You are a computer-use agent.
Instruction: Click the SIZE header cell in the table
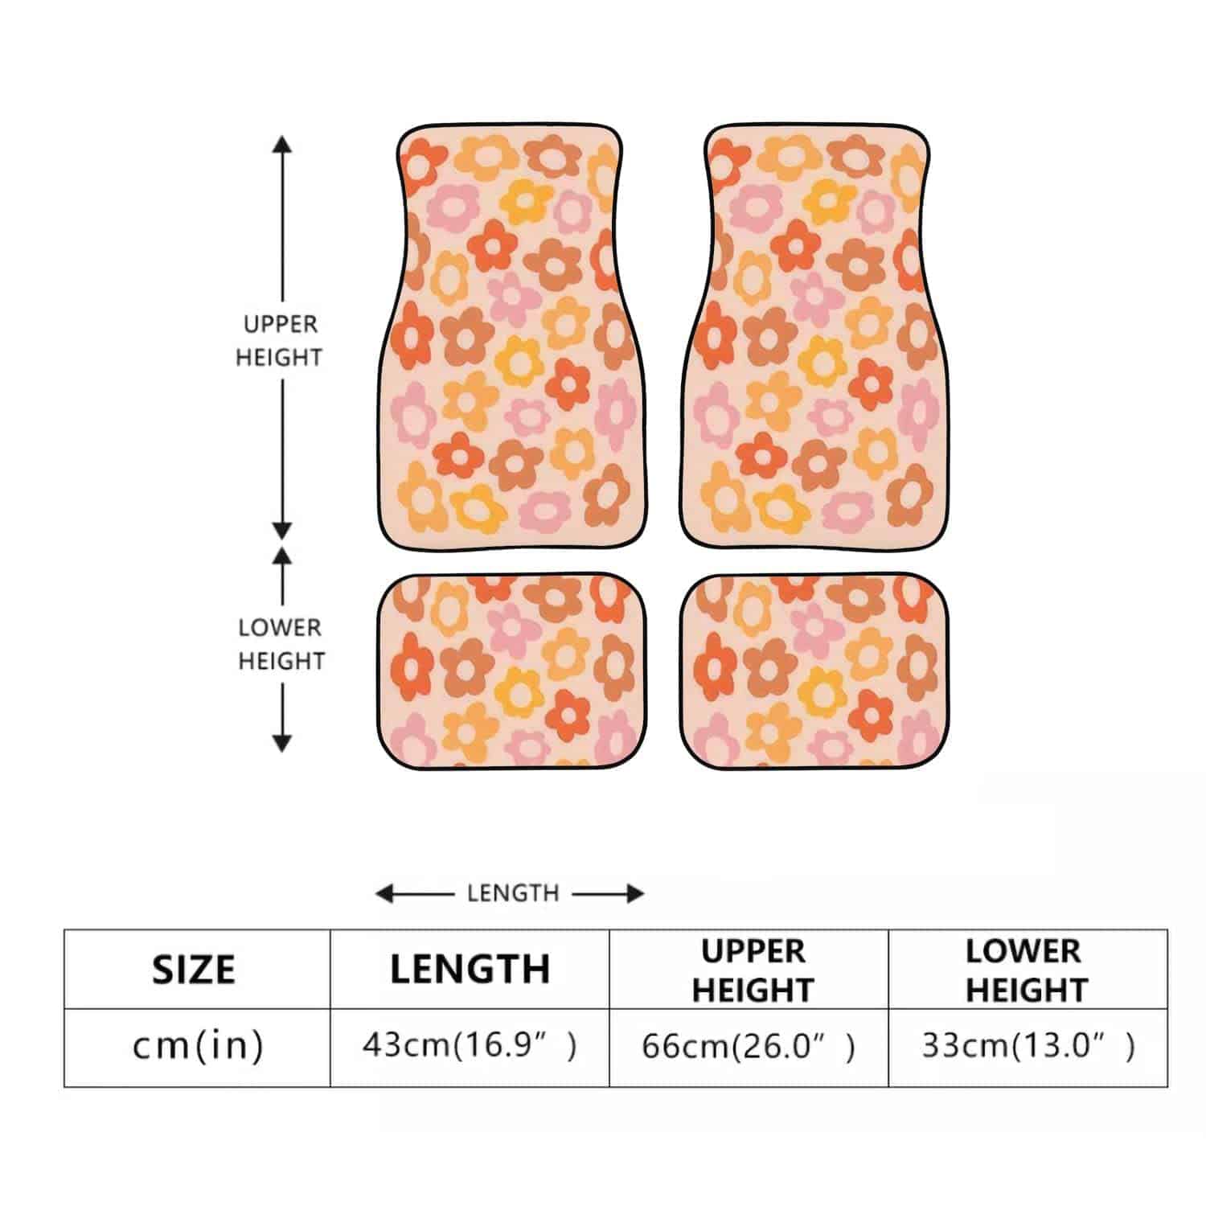coord(194,969)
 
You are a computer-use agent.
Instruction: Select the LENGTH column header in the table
coord(470,969)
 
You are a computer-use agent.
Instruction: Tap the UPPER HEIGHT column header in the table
coord(753,970)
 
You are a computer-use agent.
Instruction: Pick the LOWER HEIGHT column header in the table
coord(1027,970)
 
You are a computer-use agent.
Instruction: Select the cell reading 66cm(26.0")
coord(749,1046)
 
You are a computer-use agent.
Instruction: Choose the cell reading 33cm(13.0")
coord(1028,1046)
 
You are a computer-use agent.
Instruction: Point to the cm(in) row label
coord(198,1046)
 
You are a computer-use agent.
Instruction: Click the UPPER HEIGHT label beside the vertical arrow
coord(280,341)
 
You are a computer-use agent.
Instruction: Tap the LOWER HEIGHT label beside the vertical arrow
coord(281,644)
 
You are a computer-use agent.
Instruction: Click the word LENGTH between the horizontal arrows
coord(513,892)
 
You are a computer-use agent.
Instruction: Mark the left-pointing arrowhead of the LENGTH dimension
coord(385,893)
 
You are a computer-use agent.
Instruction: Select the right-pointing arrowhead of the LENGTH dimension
coord(635,893)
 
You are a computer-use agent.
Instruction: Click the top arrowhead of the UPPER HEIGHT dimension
coord(281,145)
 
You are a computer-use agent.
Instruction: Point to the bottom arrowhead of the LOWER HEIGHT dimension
coord(281,743)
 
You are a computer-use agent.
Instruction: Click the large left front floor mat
coord(513,338)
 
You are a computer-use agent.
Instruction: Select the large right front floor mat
coord(814,338)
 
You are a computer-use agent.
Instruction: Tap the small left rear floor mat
coord(512,671)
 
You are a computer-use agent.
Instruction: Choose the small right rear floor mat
coord(814,671)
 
